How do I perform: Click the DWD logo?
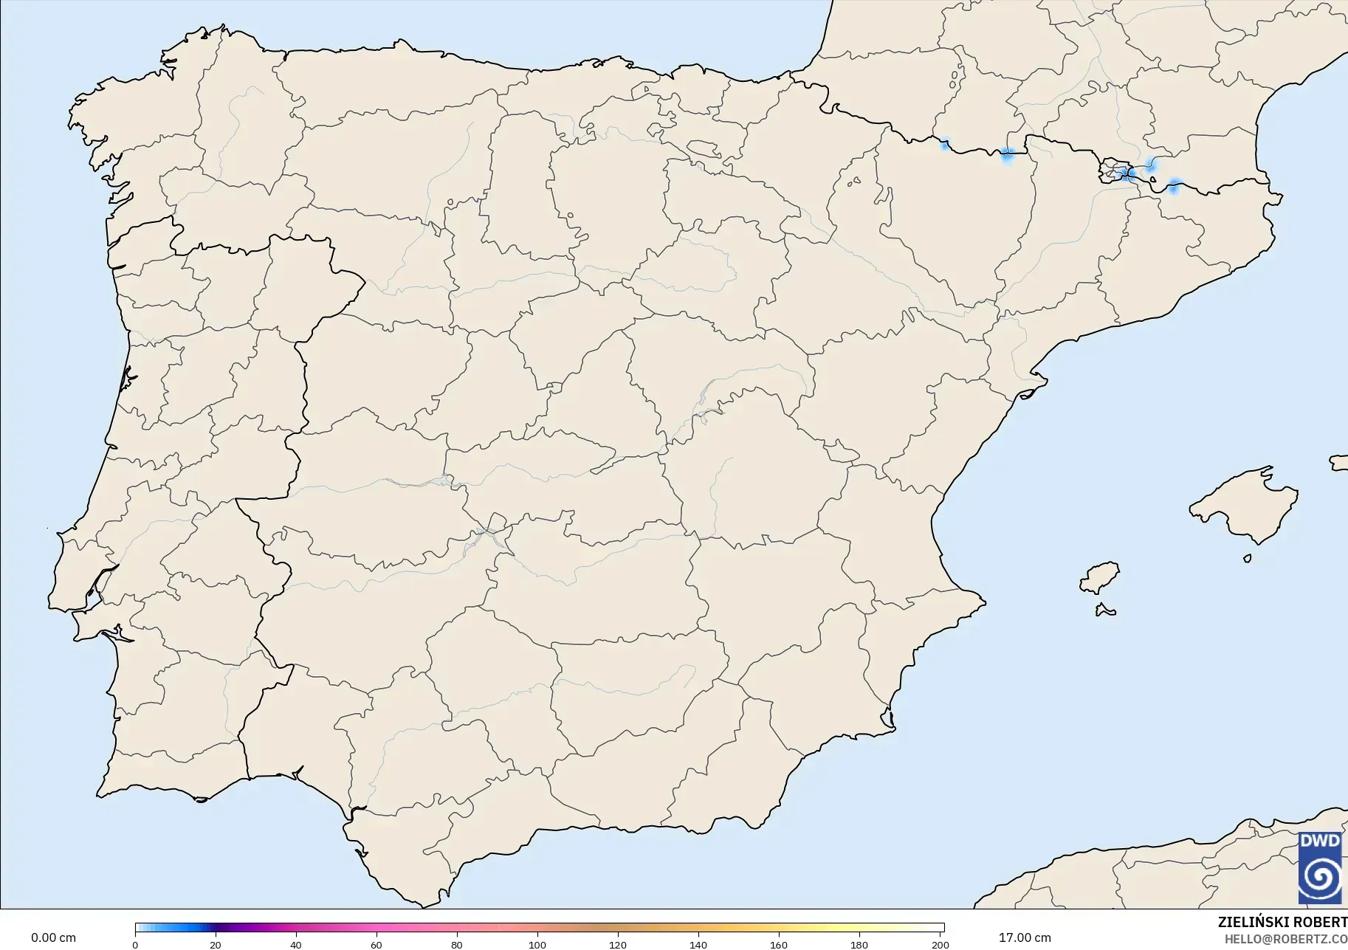pyautogui.click(x=1320, y=868)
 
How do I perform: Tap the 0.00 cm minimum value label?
pyautogui.click(x=53, y=938)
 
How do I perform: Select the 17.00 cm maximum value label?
pyautogui.click(x=1025, y=938)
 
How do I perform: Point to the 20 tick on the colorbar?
pyautogui.click(x=216, y=944)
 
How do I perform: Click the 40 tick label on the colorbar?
pyautogui.click(x=296, y=945)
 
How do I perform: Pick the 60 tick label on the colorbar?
pyautogui.click(x=376, y=945)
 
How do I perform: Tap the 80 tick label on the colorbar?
pyautogui.click(x=457, y=945)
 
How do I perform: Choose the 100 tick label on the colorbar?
pyautogui.click(x=537, y=945)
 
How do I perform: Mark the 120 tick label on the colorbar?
pyautogui.click(x=618, y=945)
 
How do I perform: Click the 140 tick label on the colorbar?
pyautogui.click(x=698, y=945)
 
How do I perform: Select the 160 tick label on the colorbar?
pyautogui.click(x=779, y=945)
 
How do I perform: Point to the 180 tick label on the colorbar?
pyautogui.click(x=859, y=945)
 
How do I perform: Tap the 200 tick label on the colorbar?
pyautogui.click(x=940, y=945)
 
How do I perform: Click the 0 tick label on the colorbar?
pyautogui.click(x=135, y=945)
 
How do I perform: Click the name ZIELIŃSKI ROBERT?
pyautogui.click(x=1282, y=923)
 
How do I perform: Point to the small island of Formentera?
pyautogui.click(x=1105, y=610)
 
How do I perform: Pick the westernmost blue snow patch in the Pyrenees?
pyautogui.click(x=944, y=145)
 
